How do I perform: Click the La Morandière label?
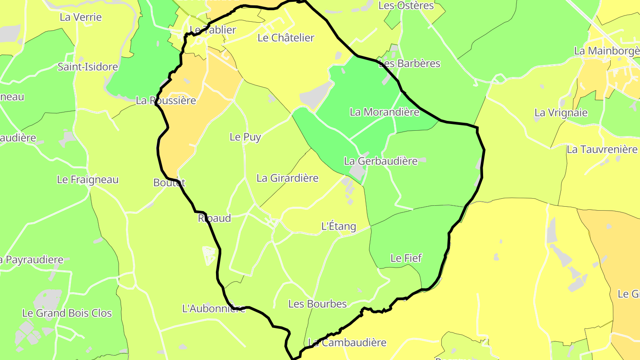coord(384,112)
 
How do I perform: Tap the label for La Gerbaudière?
coord(380,161)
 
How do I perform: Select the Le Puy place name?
coord(245,137)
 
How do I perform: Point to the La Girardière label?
coord(288,178)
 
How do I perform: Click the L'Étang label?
coord(339,226)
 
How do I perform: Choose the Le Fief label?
coord(406,258)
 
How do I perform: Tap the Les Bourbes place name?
coord(317,304)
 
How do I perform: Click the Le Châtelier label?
coord(286,38)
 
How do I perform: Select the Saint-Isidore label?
coord(88,67)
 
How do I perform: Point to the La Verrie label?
coord(80,17)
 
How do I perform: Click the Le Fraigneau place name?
coord(88,180)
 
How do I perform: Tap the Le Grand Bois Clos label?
coord(67,313)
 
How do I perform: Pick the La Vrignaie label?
coord(560,112)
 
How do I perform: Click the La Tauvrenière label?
coord(602,149)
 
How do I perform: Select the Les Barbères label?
coord(409,64)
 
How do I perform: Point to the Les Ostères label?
coord(406,6)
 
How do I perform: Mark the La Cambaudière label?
coord(347,343)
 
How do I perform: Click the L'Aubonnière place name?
coord(214,308)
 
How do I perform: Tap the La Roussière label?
coord(166,100)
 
